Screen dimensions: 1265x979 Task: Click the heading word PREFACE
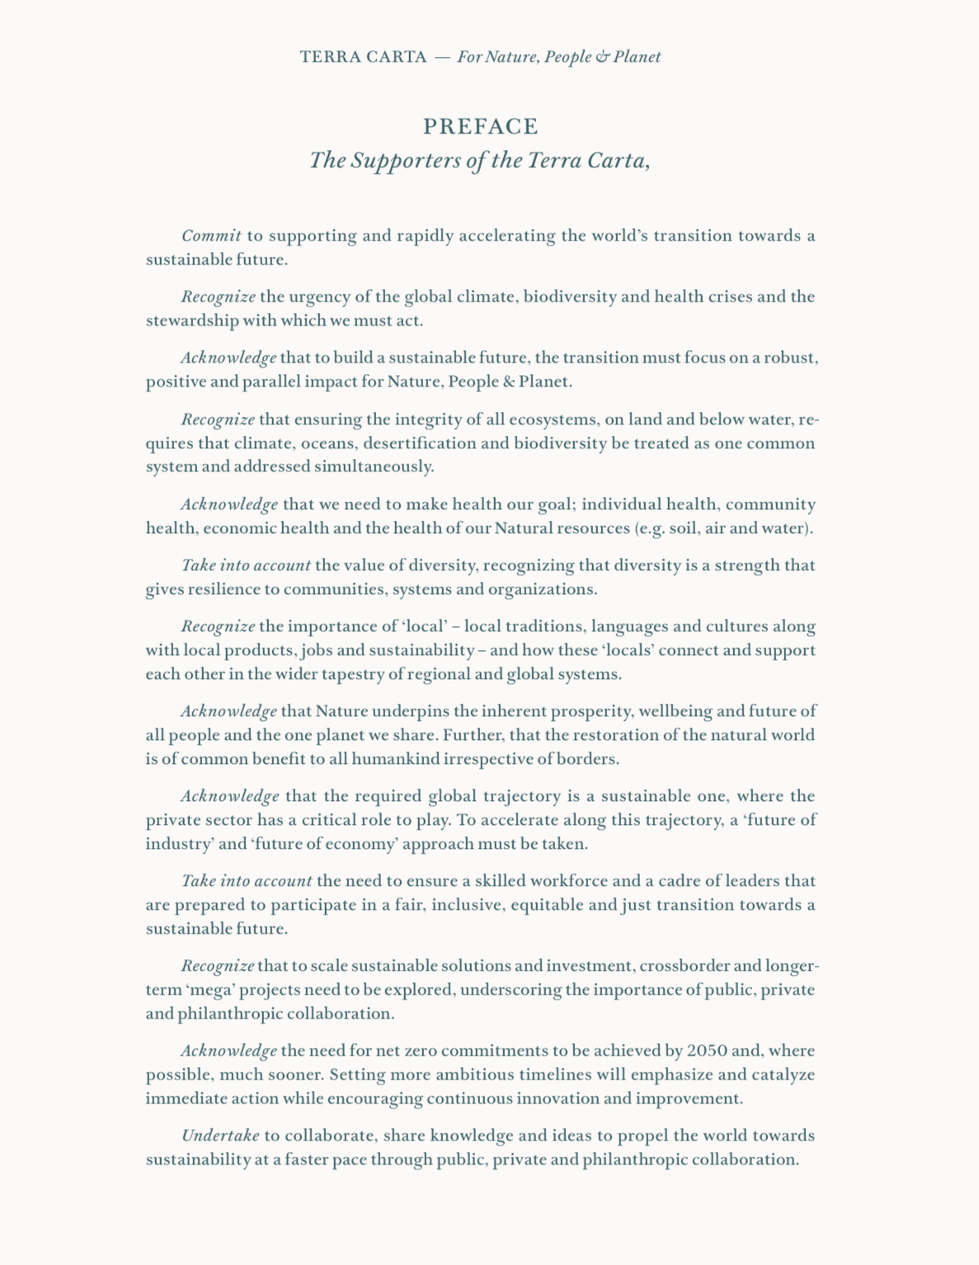(480, 127)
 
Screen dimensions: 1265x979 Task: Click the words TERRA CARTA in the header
(363, 57)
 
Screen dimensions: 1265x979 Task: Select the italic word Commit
(211, 236)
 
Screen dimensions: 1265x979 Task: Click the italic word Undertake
(220, 1136)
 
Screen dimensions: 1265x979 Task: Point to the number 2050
(707, 1051)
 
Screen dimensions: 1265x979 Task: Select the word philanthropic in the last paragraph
(634, 1160)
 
